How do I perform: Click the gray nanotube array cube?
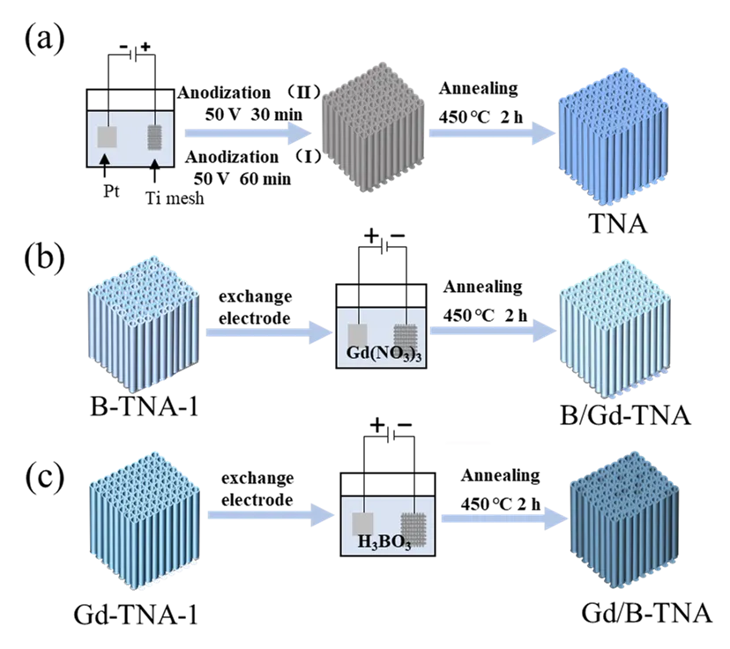tap(374, 134)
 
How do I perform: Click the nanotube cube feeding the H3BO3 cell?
tap(144, 520)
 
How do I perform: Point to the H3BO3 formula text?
tap(384, 542)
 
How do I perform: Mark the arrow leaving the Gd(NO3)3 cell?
tap(493, 333)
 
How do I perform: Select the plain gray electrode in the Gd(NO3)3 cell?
tap(358, 336)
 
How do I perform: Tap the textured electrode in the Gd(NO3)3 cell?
tap(404, 336)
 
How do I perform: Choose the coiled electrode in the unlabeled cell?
tap(155, 136)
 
